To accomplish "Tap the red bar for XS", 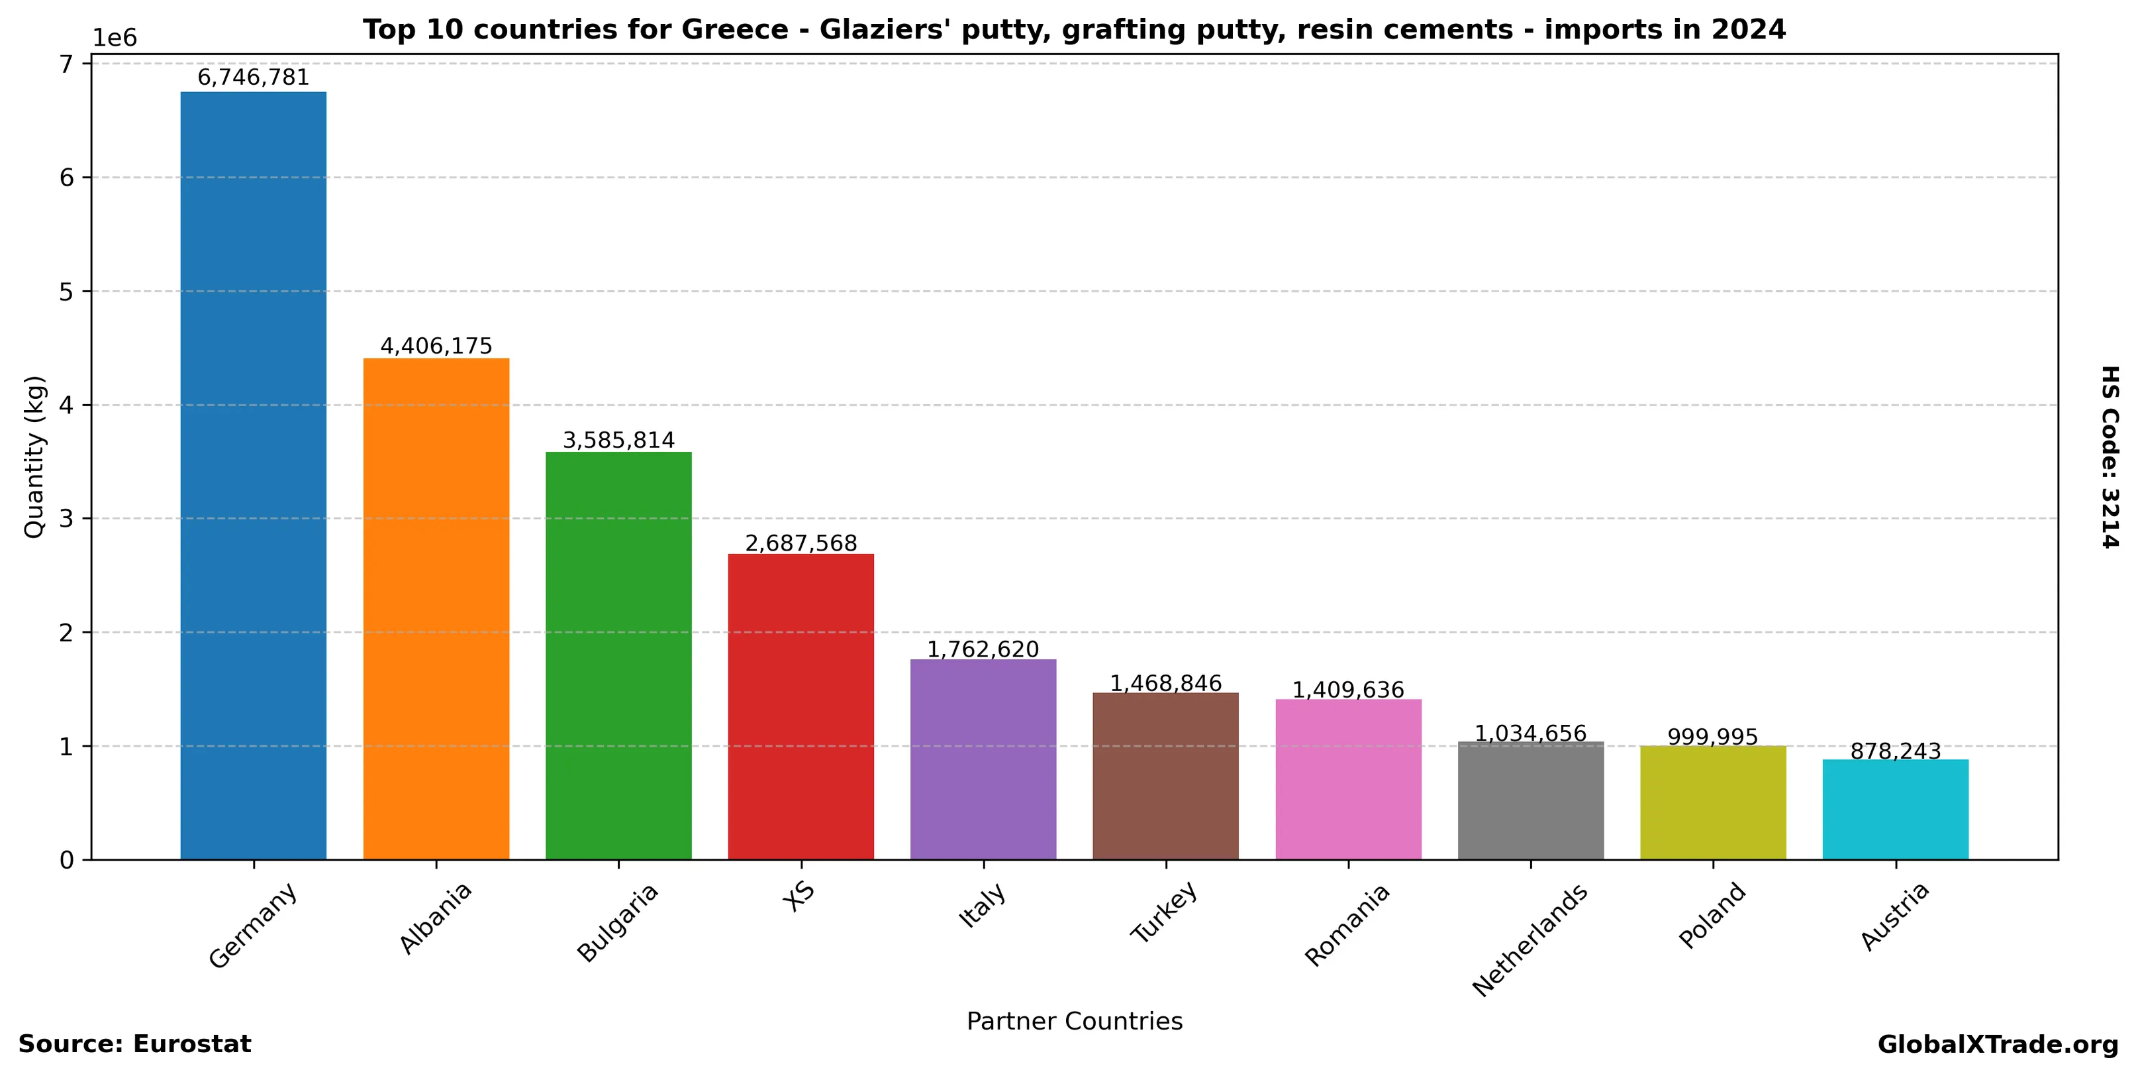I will click(801, 706).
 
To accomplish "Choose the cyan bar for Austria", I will click(1895, 809).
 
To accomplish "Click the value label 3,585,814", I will click(618, 440).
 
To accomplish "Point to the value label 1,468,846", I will click(1165, 683).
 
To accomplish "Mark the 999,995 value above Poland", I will click(1712, 736).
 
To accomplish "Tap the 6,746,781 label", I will click(253, 78).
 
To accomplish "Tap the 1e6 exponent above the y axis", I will click(115, 38).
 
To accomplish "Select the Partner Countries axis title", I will click(1074, 1021).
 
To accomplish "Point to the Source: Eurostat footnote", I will click(134, 1044).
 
